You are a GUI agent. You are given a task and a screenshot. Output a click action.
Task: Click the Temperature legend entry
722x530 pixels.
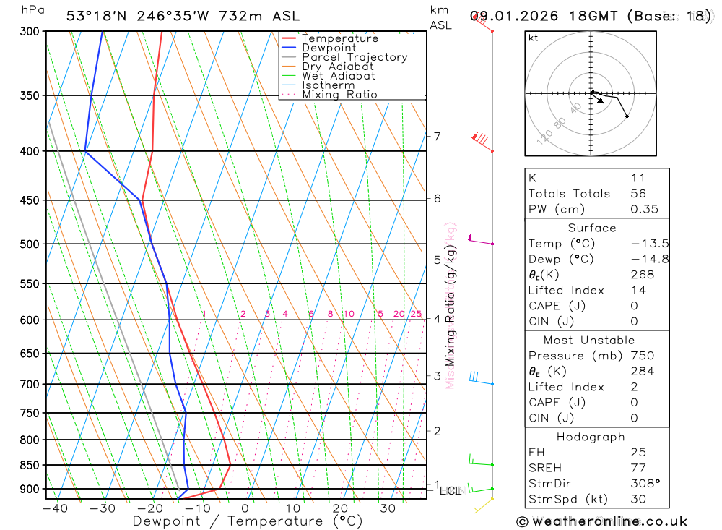coord(339,38)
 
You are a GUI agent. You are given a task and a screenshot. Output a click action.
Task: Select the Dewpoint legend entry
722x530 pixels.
coord(329,48)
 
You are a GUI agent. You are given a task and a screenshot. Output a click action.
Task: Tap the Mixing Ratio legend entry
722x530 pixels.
coord(339,94)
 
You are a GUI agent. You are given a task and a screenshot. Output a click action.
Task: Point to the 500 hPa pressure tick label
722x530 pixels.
coord(28,244)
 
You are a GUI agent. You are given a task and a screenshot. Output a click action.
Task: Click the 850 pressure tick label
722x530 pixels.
coord(28,465)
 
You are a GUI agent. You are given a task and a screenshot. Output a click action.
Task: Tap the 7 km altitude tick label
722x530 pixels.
coord(437,136)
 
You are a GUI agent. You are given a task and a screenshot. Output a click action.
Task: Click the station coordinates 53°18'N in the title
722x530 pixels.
coord(95,16)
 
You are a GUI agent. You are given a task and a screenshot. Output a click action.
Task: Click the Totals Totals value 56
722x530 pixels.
coord(638,193)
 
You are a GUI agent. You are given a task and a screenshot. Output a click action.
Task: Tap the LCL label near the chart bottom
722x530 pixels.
coord(451,491)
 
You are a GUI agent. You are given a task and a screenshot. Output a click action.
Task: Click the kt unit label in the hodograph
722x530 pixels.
coord(534,38)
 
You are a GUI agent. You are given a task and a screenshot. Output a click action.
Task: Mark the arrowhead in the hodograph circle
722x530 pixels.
coord(601,102)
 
